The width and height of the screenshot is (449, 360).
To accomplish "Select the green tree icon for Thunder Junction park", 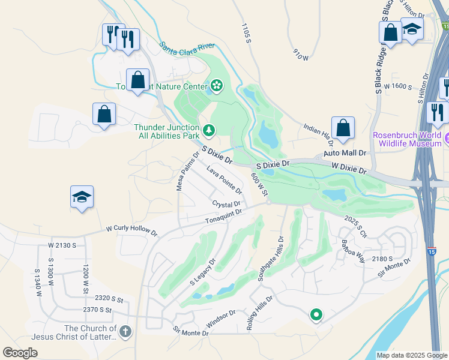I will pyautogui.click(x=208, y=130).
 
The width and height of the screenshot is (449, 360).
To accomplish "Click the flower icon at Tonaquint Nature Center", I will pyautogui.click(x=216, y=87).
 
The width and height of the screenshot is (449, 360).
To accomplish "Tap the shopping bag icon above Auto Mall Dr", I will pyautogui.click(x=343, y=127).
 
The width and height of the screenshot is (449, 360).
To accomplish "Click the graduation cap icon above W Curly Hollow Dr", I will pyautogui.click(x=82, y=197).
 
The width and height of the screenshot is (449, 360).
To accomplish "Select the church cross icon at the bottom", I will pyautogui.click(x=125, y=332).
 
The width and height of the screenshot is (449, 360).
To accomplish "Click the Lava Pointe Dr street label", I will pyautogui.click(x=224, y=180).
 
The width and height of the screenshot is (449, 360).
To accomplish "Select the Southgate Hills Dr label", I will pyautogui.click(x=270, y=259).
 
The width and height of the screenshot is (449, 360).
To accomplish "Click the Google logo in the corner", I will pyautogui.click(x=20, y=353).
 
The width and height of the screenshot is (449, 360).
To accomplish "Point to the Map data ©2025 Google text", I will pyautogui.click(x=411, y=355).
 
